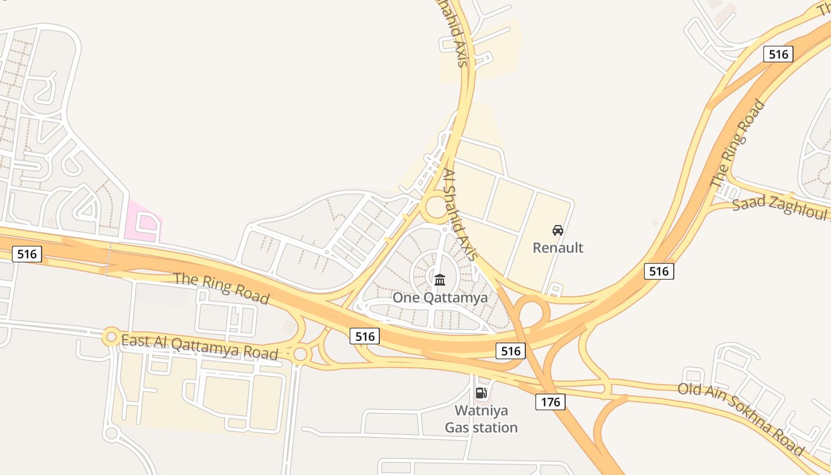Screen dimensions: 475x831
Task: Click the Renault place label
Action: (558, 248)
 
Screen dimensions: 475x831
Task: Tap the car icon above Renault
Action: (558, 230)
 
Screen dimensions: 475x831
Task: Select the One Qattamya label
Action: (440, 297)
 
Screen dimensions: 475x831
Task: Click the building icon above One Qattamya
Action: (440, 280)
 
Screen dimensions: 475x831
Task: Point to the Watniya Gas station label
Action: (481, 419)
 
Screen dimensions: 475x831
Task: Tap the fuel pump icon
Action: (481, 392)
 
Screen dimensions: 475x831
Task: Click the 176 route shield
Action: (550, 402)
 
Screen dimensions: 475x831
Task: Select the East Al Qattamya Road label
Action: (199, 347)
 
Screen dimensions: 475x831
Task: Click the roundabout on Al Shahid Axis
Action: (436, 208)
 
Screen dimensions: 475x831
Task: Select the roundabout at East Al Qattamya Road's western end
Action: (111, 337)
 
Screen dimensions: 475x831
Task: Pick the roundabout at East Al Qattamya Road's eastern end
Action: (300, 355)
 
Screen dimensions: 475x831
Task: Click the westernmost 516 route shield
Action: (27, 255)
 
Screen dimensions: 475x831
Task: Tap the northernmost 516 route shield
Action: (778, 55)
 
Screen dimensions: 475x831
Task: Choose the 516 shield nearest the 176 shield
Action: (510, 351)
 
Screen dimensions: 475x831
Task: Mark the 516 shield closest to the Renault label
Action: (659, 271)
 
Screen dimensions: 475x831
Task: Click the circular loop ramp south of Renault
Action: (531, 313)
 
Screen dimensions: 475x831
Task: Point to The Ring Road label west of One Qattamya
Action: (221, 289)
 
